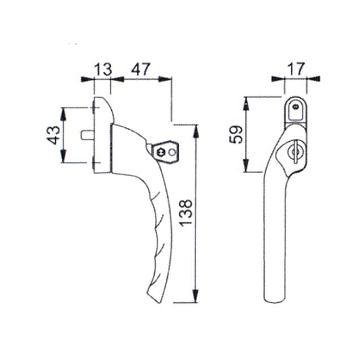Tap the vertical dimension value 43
(x=53, y=135)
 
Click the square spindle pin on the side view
(x=87, y=135)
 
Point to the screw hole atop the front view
(x=294, y=106)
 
